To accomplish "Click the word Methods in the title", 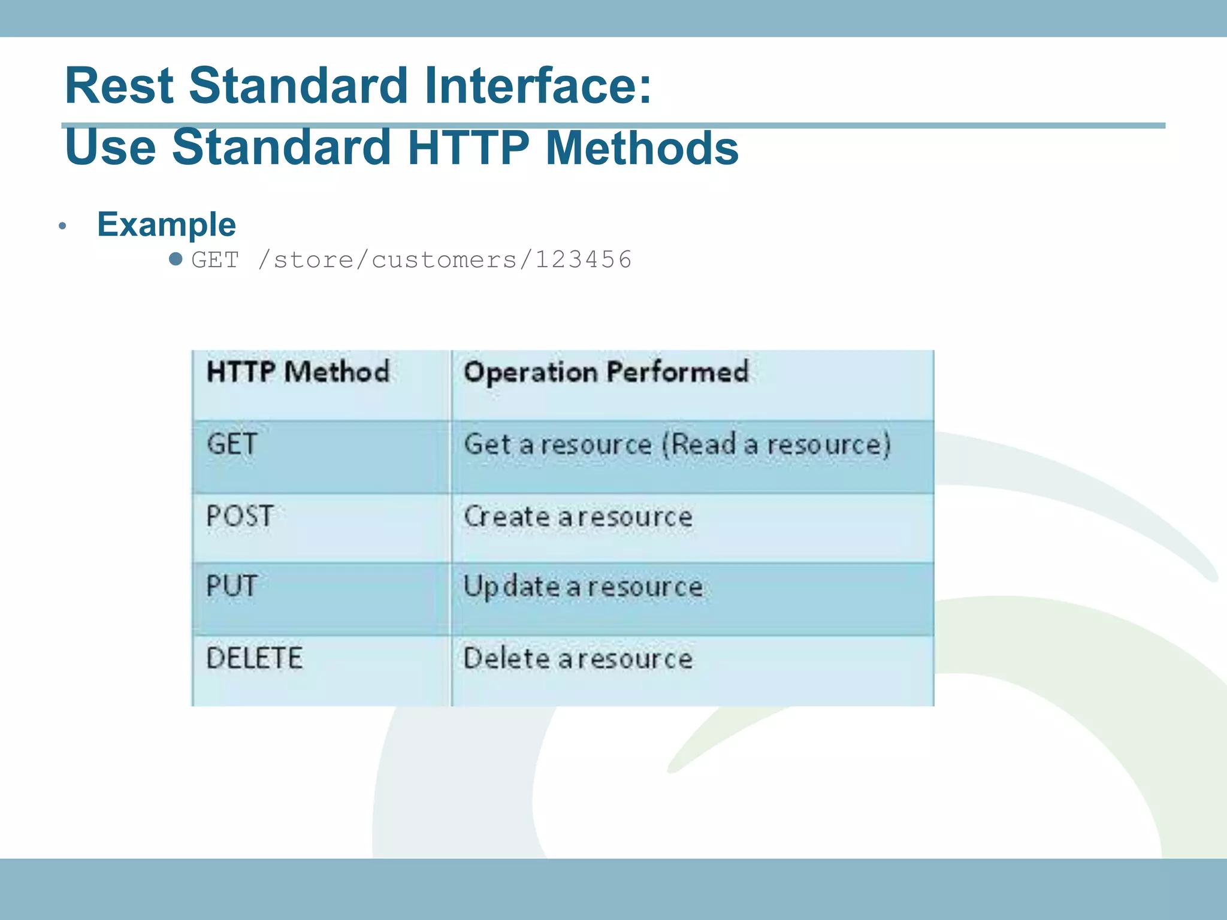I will [642, 148].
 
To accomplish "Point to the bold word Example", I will [167, 225].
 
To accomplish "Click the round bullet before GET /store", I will [176, 259].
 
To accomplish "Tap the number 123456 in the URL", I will [584, 260].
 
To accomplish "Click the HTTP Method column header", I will [298, 372].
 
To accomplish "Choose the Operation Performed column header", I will [606, 372].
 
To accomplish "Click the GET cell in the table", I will [232, 444].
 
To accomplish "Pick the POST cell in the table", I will [240, 516].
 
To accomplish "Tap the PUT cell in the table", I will [232, 586].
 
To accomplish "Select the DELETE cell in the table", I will [254, 658].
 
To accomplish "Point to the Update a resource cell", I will [583, 586].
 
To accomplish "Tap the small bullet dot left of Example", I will [62, 226].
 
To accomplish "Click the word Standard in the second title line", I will [282, 148].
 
